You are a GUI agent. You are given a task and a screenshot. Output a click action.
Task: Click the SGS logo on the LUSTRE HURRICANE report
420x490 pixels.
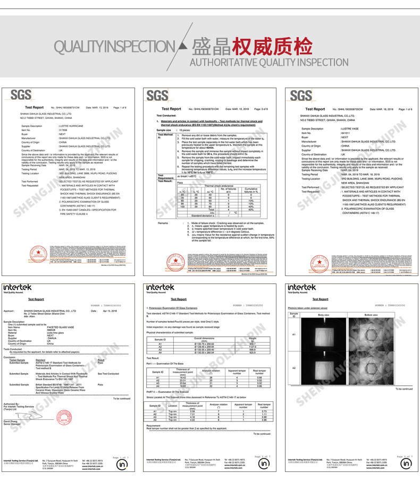tap(21, 96)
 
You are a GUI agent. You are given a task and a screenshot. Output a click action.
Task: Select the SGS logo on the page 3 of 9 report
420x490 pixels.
tap(158, 96)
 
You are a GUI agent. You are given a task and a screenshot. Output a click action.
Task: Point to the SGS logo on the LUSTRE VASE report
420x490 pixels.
tap(301, 96)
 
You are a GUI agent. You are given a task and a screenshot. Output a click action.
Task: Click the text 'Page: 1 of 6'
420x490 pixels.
tap(402, 109)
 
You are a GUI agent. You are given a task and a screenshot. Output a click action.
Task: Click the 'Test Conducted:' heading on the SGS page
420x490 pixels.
tap(166, 115)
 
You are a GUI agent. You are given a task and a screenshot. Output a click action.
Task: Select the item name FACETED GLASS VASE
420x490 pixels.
tap(60, 327)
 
